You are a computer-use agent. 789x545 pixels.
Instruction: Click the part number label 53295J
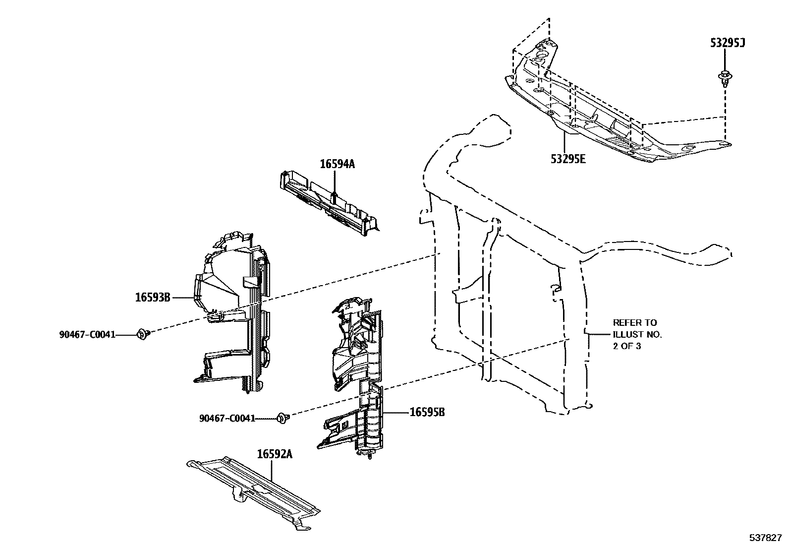pos(728,43)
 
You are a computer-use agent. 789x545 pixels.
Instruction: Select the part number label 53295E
pos(568,159)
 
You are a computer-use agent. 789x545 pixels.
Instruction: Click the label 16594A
pos(337,164)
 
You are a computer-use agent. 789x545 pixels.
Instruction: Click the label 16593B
pos(153,298)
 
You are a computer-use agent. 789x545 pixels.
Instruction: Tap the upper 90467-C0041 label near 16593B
pos(87,335)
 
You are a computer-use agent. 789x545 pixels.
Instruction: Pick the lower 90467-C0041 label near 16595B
pos(227,418)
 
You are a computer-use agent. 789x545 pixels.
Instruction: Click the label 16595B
pos(427,412)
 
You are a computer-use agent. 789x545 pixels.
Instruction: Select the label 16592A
pos(275,454)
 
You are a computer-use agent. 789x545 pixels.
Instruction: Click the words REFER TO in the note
pos(635,322)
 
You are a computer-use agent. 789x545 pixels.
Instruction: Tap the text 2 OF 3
pos(627,346)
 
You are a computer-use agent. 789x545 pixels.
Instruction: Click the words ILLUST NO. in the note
pos(637,334)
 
